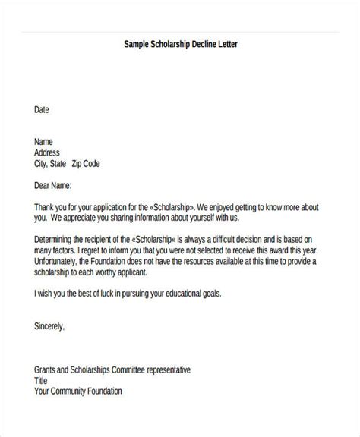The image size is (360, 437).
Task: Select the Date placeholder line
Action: click(x=42, y=109)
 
